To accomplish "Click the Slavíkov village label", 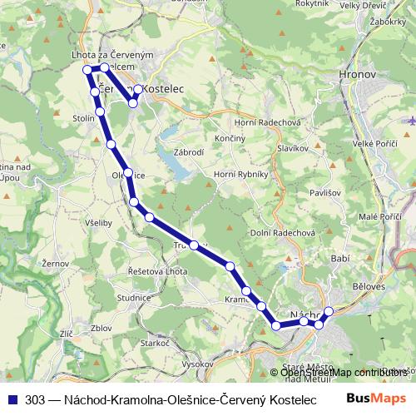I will [293, 147].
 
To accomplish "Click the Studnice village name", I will [134, 295].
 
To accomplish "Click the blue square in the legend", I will [12, 399].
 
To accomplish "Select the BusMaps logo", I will [376, 398].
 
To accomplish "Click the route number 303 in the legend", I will [36, 399].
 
